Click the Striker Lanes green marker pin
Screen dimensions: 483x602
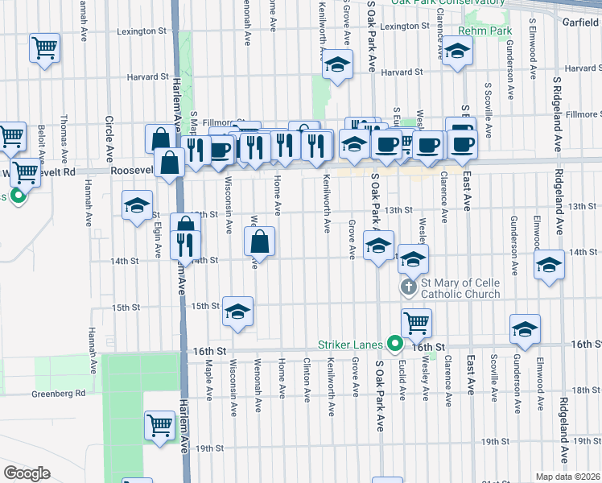click(x=394, y=344)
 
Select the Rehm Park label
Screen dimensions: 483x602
click(x=485, y=31)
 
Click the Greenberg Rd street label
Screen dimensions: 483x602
click(x=58, y=394)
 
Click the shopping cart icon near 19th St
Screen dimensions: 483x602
click(x=159, y=424)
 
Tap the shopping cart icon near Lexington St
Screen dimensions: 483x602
click(x=44, y=47)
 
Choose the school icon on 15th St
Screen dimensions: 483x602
click(x=237, y=311)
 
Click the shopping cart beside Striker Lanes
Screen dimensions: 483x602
click(x=415, y=323)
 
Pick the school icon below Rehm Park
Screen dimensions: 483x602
click(x=458, y=52)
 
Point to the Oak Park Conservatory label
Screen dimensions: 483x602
click(x=448, y=3)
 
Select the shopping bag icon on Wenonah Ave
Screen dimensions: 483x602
click(x=260, y=241)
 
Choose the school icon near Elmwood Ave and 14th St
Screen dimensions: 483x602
click(x=549, y=266)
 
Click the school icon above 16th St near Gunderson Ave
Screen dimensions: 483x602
click(x=524, y=328)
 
